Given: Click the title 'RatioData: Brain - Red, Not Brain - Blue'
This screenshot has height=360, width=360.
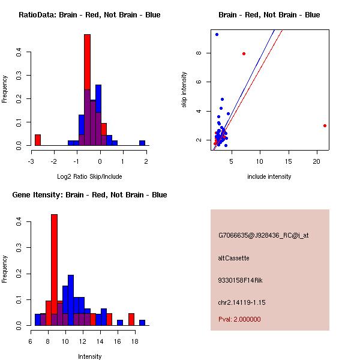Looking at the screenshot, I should pyautogui.click(x=89, y=15).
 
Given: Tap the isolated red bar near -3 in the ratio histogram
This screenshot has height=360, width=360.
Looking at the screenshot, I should pyautogui.click(x=38, y=140).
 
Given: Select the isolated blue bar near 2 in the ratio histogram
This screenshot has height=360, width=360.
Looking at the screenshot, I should pyautogui.click(x=142, y=143).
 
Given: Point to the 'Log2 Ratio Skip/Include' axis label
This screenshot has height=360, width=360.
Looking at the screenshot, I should pyautogui.click(x=89, y=176).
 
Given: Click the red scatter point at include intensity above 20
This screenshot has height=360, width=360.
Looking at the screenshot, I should pyautogui.click(x=325, y=125).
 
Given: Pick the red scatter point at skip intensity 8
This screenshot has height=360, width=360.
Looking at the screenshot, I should pyautogui.click(x=244, y=53).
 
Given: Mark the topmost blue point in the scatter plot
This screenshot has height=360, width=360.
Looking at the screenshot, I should pyautogui.click(x=217, y=34).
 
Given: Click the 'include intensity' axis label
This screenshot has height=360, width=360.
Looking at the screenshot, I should pyautogui.click(x=269, y=176).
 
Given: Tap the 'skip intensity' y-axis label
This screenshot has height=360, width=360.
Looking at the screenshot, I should pyautogui.click(x=185, y=90).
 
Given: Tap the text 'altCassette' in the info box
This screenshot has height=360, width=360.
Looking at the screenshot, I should pyautogui.click(x=233, y=258).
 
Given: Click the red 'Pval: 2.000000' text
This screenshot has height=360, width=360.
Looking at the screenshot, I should pyautogui.click(x=239, y=319).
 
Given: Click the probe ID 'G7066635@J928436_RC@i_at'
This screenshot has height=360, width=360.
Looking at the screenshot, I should pyautogui.click(x=263, y=236).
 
